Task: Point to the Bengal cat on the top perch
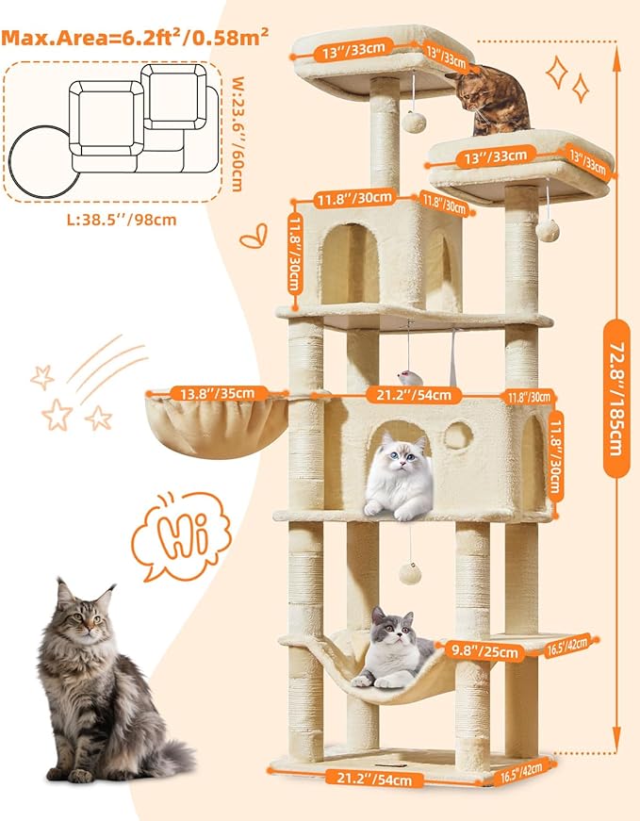[x=493, y=99]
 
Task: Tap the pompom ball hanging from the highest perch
[x=412, y=122]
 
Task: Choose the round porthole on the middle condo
[x=458, y=435]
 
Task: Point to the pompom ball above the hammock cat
[x=407, y=571]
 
